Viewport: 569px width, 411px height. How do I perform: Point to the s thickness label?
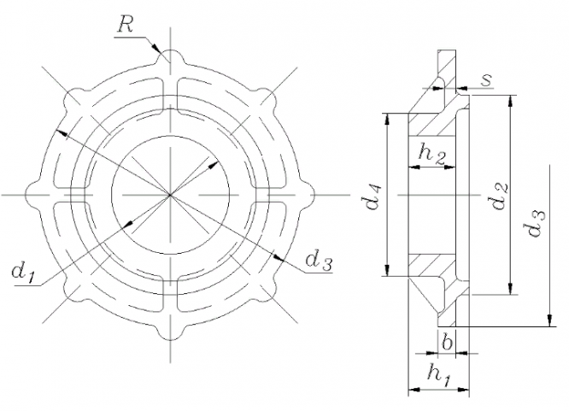[x=486, y=79]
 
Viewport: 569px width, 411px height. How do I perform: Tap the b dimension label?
[x=448, y=341]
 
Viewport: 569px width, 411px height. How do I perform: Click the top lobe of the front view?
[x=172, y=58]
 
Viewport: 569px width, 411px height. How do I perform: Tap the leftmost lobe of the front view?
[x=34, y=196]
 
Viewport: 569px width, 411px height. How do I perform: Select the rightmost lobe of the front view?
[x=309, y=196]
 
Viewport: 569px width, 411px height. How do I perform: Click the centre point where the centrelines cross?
[x=172, y=196]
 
